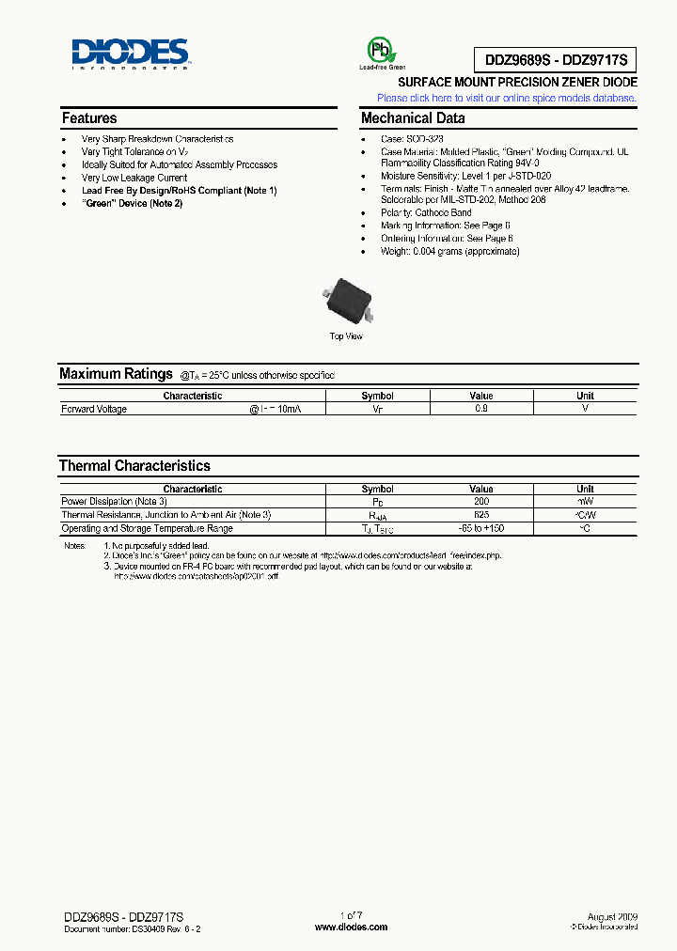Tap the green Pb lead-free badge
pos(381,52)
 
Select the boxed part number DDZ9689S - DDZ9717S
pos(559,60)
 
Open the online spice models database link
pos(507,98)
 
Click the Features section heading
pos(89,118)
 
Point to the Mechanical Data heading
pos(413,118)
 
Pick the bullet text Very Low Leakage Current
pos(134,178)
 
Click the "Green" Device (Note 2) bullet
pos(132,203)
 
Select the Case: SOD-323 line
pos(412,139)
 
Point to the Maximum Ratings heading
pos(116,374)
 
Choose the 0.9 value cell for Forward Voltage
pos(480,409)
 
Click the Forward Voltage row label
pos(94,409)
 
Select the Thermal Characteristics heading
pos(134,466)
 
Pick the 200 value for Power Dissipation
pos(480,502)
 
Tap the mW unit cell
pos(585,502)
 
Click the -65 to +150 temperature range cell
pos(480,529)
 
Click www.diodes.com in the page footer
pos(351,928)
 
